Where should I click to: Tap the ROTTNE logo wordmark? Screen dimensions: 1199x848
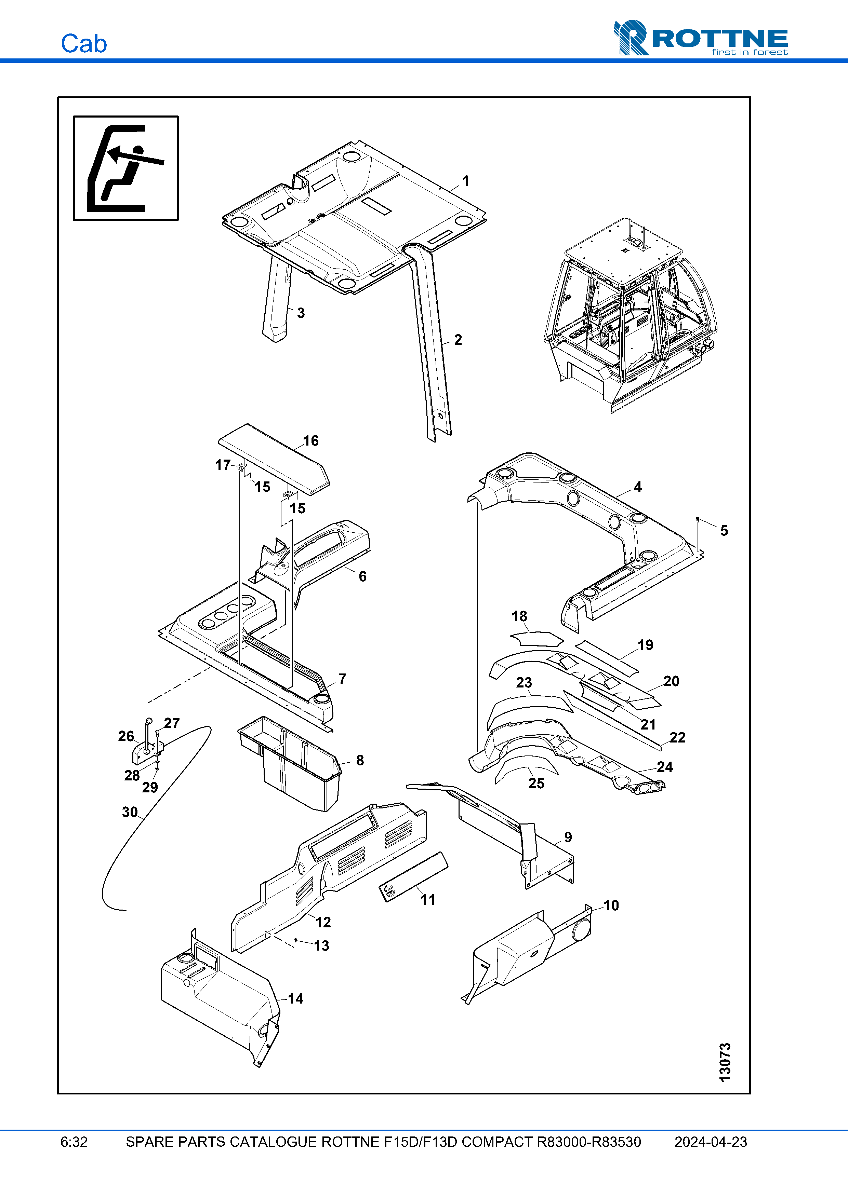(x=718, y=39)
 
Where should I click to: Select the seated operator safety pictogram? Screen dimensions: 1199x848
(x=125, y=168)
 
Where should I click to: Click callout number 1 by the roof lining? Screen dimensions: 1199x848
(x=465, y=181)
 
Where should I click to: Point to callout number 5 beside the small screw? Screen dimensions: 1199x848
(x=724, y=531)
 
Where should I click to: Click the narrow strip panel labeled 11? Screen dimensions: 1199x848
(x=413, y=877)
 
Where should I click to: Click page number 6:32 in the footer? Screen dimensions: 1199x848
(x=74, y=1142)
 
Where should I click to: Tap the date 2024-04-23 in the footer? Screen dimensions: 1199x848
(x=710, y=1142)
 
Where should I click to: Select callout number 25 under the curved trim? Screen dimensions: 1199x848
(x=536, y=783)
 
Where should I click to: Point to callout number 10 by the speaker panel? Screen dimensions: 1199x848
(x=611, y=905)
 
